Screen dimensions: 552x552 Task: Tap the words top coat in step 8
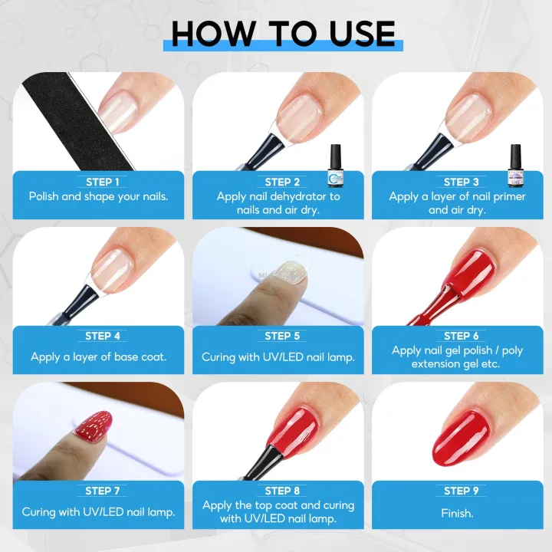[270, 505]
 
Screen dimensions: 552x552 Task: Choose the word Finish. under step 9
[457, 512]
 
